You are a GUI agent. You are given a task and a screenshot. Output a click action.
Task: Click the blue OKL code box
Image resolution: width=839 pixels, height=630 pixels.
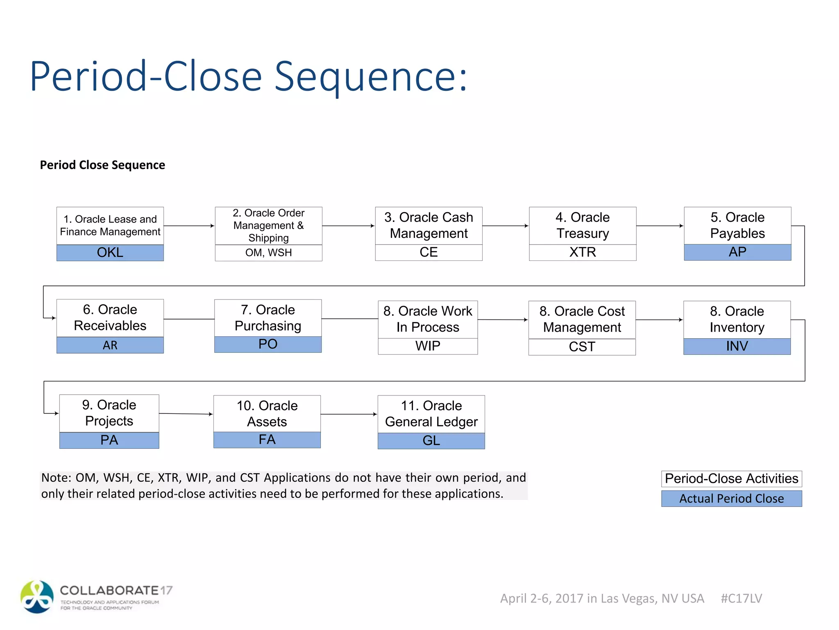click(x=110, y=253)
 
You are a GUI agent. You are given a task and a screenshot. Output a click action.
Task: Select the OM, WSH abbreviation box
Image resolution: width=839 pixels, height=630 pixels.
click(x=268, y=253)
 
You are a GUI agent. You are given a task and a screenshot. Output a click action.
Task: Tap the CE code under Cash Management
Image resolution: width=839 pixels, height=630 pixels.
click(x=429, y=252)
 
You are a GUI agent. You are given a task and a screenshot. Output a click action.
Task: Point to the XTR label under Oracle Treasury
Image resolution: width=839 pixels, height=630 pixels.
click(x=583, y=252)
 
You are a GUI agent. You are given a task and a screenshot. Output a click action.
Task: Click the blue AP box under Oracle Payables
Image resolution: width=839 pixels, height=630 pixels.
click(x=737, y=252)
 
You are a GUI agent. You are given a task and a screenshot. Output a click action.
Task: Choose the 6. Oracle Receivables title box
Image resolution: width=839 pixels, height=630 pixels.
click(x=110, y=318)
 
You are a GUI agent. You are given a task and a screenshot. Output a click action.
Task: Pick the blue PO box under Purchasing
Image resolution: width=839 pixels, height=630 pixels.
click(x=268, y=345)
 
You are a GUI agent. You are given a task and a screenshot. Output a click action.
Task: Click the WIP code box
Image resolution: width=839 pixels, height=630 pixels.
click(x=428, y=346)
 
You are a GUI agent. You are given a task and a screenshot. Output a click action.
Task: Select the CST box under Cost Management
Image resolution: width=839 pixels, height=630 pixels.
click(x=582, y=347)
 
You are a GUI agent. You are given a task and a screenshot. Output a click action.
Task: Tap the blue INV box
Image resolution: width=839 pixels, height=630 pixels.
click(x=737, y=346)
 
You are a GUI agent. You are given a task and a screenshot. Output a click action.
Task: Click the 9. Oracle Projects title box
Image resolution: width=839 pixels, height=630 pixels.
click(x=109, y=413)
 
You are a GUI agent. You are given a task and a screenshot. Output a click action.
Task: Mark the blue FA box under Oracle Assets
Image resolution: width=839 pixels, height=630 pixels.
click(x=267, y=440)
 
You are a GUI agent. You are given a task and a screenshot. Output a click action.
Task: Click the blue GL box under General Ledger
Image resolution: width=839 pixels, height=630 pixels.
click(x=431, y=441)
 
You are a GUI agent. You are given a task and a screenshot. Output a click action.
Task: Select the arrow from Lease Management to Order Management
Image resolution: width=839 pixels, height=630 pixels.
click(x=189, y=226)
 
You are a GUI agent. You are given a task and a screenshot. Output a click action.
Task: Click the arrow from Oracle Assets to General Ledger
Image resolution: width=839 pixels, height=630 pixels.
click(x=349, y=414)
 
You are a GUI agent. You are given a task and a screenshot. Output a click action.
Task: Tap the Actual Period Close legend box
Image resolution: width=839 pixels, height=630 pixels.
click(x=731, y=499)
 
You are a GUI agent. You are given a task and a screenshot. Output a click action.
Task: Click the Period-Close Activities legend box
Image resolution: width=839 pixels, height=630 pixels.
click(x=731, y=479)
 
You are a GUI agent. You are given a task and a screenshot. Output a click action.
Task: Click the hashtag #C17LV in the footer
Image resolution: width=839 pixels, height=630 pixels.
click(x=741, y=598)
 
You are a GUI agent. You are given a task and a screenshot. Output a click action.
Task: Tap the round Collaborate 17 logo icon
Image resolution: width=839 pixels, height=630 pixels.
click(x=37, y=597)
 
